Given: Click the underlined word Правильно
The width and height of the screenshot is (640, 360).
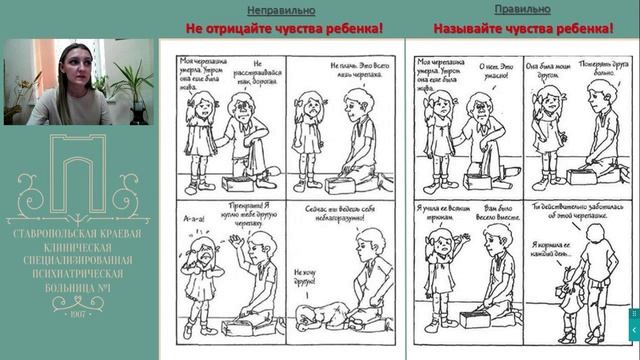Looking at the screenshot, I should [x=521, y=10].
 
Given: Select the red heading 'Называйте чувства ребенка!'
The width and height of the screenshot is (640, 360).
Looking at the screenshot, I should [x=523, y=27].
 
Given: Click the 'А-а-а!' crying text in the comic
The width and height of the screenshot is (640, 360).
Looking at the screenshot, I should [x=183, y=213].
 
